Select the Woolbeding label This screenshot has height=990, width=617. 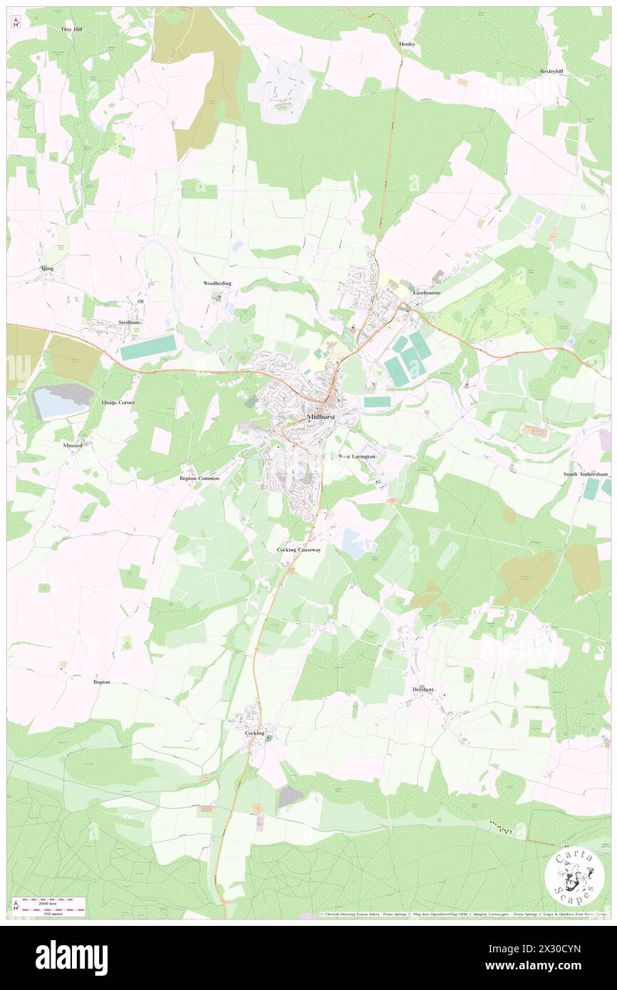click(x=217, y=283)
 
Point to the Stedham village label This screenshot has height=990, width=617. click(x=128, y=322)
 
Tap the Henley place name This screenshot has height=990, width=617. click(x=407, y=43)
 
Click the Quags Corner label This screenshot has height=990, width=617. click(x=118, y=402)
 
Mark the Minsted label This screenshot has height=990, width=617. click(x=73, y=445)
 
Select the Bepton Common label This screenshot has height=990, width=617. click(x=199, y=479)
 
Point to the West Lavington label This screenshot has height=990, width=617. click(x=356, y=456)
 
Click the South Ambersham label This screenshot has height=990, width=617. click(x=586, y=474)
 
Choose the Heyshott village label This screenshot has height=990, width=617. click(x=422, y=689)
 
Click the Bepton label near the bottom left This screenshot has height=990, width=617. click(x=102, y=682)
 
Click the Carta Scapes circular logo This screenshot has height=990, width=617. click(x=574, y=877)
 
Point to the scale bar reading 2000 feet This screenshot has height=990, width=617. click(x=50, y=902)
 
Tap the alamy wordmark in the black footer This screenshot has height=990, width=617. click(x=71, y=958)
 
